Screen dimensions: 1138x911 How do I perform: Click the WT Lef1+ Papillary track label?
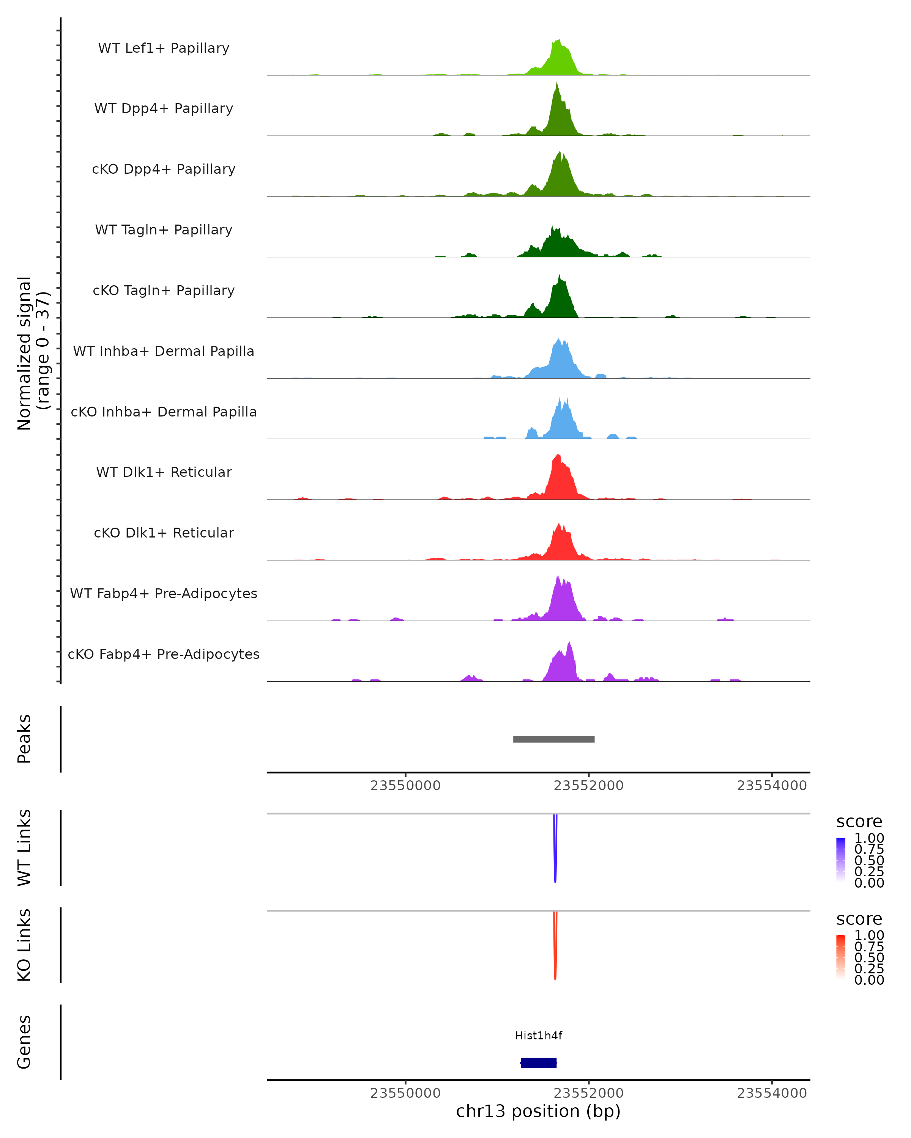pyautogui.click(x=164, y=48)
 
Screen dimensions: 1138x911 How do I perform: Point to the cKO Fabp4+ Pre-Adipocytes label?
pyautogui.click(x=164, y=654)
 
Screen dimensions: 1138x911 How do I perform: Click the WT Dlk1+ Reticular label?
pyautogui.click(x=164, y=472)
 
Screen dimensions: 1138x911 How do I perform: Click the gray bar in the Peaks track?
pyautogui.click(x=553, y=739)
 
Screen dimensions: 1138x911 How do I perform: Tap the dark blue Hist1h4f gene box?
pyautogui.click(x=538, y=1063)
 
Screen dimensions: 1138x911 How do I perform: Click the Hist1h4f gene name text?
pyautogui.click(x=538, y=1036)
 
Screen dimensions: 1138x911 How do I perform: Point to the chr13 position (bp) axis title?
pyautogui.click(x=538, y=1111)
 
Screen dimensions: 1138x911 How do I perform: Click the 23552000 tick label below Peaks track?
pyautogui.click(x=588, y=786)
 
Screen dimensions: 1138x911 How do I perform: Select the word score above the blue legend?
pyautogui.click(x=859, y=822)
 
